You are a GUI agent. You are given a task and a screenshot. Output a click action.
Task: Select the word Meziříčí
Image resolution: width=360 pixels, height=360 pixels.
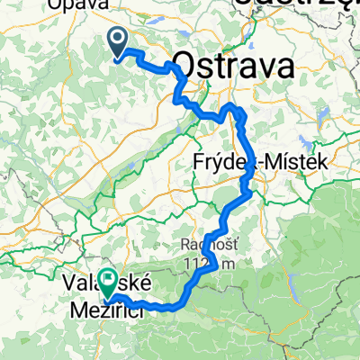click(x=104, y=308)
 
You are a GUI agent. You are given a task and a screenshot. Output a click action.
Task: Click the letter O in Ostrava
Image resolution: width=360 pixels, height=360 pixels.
click(x=184, y=67)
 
